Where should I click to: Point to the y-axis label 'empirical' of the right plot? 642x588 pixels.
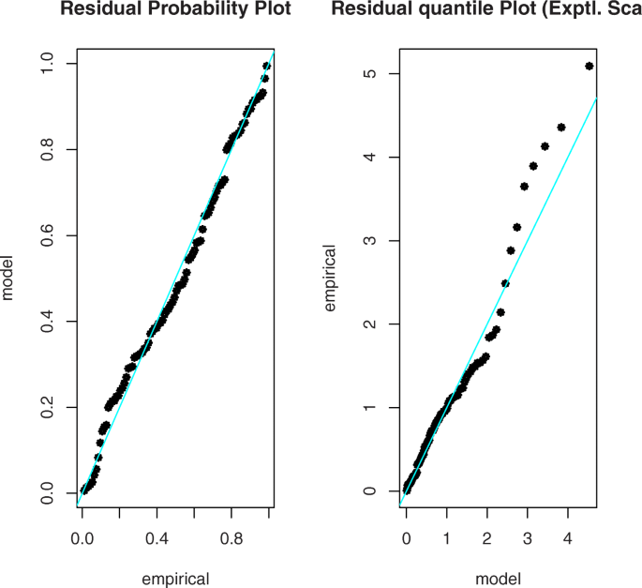tap(330, 279)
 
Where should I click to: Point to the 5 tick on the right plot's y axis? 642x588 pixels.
tap(371, 74)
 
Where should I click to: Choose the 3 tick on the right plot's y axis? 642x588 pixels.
tap(371, 241)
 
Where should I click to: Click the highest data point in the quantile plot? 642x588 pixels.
tap(589, 66)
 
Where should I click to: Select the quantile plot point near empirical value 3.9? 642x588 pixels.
tap(533, 166)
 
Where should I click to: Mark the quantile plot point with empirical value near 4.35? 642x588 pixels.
tap(561, 128)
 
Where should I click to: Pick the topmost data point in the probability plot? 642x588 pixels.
tap(266, 66)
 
